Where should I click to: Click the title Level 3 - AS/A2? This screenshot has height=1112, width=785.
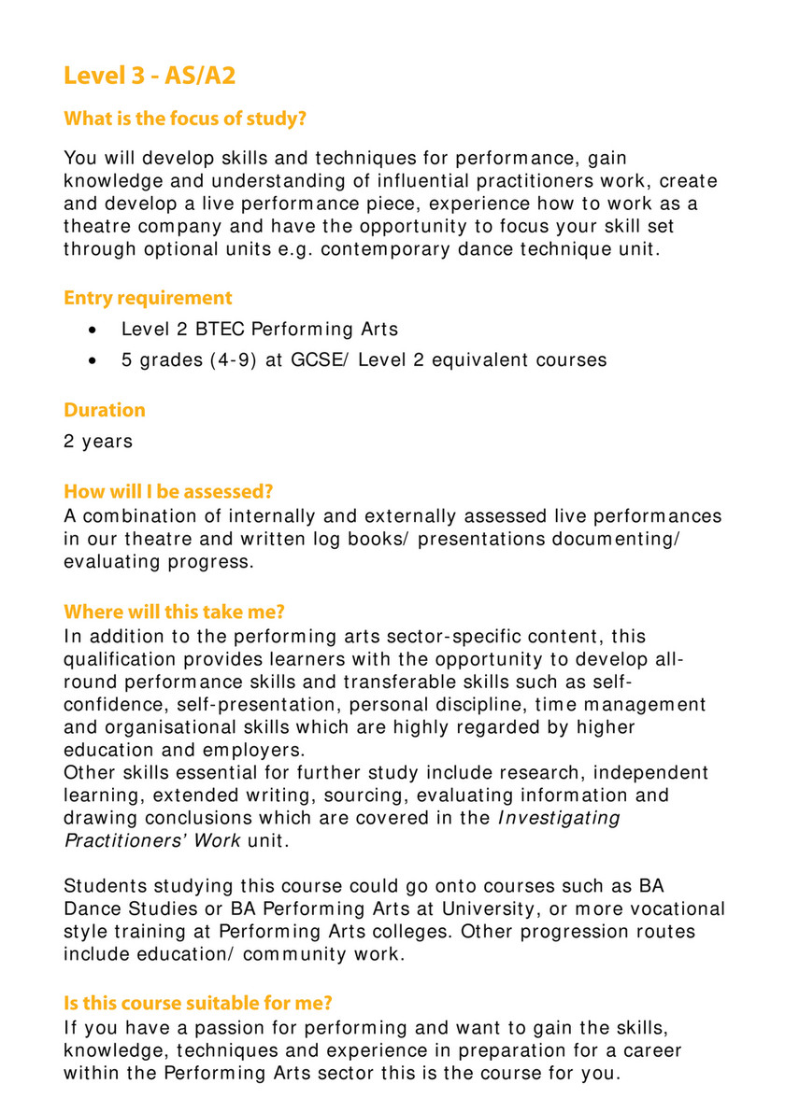[x=149, y=75]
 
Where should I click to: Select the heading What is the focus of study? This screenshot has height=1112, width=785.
[x=185, y=120]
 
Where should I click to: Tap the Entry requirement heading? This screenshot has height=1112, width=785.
[x=148, y=299]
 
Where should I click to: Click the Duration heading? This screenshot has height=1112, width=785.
[x=105, y=410]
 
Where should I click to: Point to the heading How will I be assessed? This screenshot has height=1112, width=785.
[x=175, y=492]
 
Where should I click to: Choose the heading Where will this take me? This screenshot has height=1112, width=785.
[x=174, y=612]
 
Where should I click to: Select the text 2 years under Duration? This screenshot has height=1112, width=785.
[x=98, y=441]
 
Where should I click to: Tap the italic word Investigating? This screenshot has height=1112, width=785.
[x=558, y=818]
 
